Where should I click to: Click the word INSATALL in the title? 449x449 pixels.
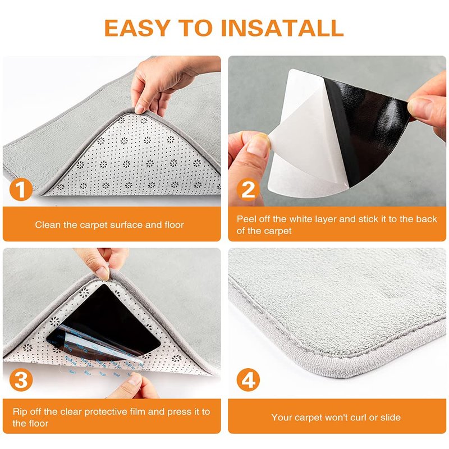[282, 28]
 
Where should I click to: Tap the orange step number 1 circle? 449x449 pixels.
[21, 189]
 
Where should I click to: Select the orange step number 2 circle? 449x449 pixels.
[248, 189]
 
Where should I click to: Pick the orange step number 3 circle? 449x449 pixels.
[21, 380]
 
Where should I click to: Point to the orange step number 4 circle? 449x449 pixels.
[248, 380]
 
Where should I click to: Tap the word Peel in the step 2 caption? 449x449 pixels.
[246, 219]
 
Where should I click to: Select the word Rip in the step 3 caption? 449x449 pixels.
[19, 412]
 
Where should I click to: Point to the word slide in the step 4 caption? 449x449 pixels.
[390, 418]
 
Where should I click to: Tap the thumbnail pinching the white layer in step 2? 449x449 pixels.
[259, 143]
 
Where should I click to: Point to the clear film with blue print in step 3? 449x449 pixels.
[97, 351]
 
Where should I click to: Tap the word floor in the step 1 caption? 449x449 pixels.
[174, 225]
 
